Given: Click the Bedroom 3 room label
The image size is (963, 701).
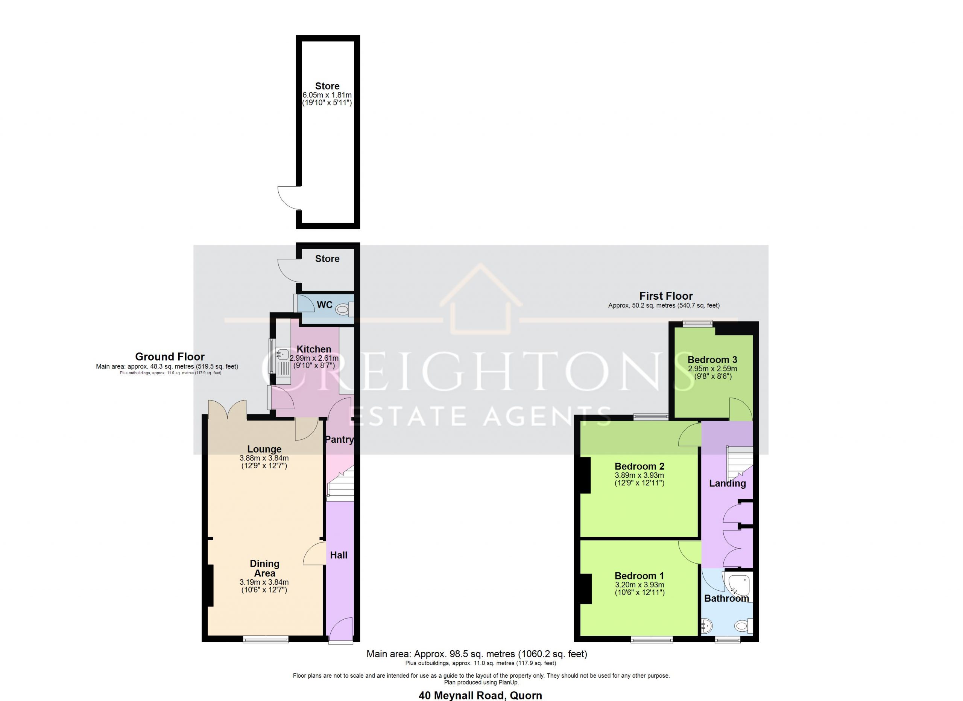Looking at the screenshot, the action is (712, 360).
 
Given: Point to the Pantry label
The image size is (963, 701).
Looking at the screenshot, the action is (339, 439).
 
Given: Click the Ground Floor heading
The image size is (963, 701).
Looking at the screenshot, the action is (170, 357).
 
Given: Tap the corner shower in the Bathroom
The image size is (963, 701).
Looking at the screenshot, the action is (739, 585).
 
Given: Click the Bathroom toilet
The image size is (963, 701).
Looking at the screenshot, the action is (744, 625).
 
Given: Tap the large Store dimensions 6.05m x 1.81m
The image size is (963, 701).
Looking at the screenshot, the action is (327, 95).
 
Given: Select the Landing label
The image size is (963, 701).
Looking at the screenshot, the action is (728, 483).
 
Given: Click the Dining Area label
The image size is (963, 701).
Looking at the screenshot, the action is (264, 568).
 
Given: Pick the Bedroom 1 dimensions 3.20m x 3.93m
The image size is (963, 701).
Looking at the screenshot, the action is (639, 585).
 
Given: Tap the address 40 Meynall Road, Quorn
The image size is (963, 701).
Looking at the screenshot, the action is (480, 695).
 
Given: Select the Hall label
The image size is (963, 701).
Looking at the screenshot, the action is (339, 555).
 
